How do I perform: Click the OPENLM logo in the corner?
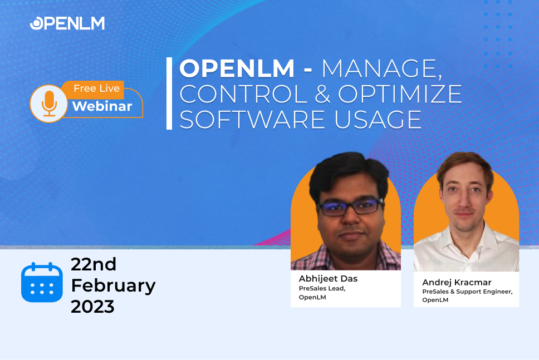(67, 23)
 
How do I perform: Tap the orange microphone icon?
(49, 103)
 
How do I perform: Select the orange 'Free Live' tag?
(96, 88)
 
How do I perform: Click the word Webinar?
(102, 106)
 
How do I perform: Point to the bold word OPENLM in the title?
(237, 68)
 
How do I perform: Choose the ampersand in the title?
(322, 93)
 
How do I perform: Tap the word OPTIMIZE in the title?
(400, 93)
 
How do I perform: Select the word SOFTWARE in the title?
(252, 119)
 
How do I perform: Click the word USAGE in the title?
(378, 119)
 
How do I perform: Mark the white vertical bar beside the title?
(169, 93)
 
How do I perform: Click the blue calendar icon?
(42, 282)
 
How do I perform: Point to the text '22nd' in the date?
(94, 264)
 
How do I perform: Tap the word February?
(114, 286)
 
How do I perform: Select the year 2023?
(92, 307)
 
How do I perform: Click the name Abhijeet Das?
(329, 278)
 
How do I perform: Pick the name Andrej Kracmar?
(457, 282)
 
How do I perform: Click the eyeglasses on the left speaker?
(350, 207)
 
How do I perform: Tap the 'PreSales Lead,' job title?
(322, 288)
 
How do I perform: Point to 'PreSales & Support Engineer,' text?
(468, 292)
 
